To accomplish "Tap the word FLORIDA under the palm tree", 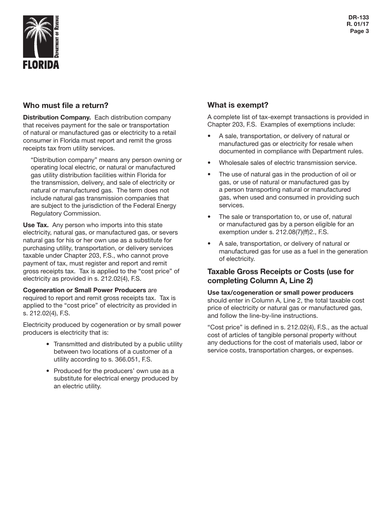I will pos(41,65).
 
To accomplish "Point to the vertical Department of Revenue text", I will pos(57,37).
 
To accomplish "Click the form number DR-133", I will pos(358,18).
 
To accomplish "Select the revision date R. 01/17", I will pos(358,24).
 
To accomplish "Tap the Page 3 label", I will pos(359,31).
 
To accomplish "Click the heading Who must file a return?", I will pos(66,105).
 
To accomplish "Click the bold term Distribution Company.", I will pos(57,117).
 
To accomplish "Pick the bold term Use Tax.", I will pos(36,225).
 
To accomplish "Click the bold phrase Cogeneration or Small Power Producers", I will pos(85,290).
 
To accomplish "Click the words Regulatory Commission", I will pos(66,214).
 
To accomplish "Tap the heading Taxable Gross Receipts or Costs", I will pos(281,272).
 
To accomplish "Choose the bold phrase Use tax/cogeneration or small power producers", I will pos(280,293).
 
